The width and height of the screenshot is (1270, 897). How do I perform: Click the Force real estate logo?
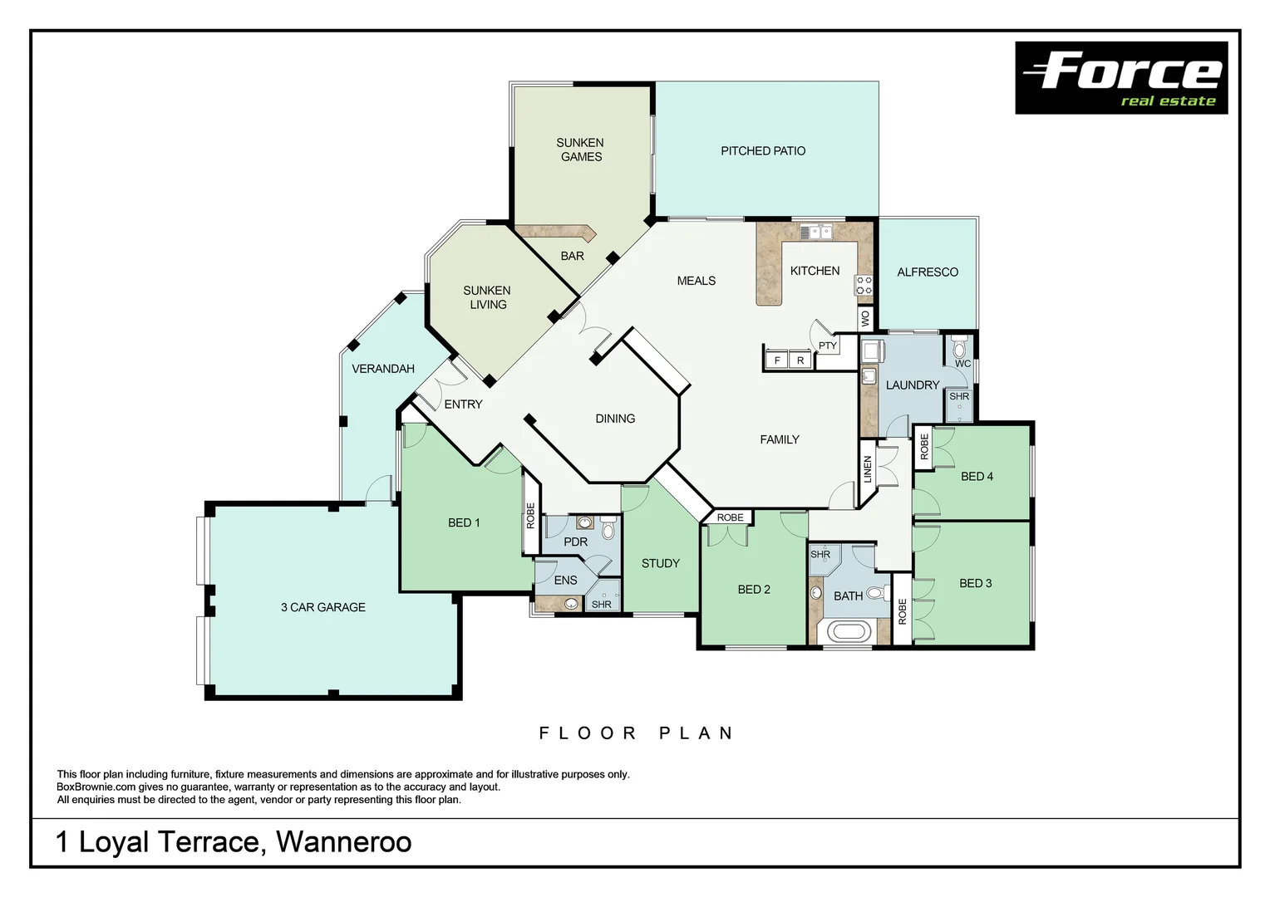[1121, 78]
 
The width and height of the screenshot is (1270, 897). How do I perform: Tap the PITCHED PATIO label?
[762, 151]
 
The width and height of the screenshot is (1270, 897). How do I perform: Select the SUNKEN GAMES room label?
[580, 149]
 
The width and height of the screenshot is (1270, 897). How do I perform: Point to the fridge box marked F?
[777, 360]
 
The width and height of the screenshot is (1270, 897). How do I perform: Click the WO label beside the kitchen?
[866, 318]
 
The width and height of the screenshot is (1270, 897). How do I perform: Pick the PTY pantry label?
[827, 346]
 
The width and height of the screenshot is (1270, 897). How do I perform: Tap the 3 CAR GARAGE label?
[322, 607]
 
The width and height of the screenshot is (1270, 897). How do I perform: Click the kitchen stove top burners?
[864, 286]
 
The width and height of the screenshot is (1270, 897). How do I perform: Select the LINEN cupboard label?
[868, 469]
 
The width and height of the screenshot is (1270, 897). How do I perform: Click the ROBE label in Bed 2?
[730, 517]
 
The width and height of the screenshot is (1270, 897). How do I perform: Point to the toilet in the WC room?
[959, 348]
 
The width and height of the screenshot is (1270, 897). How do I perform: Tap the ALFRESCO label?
[927, 272]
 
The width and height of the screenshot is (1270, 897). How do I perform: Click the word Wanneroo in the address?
[343, 842]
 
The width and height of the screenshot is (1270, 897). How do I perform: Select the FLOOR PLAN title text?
[636, 733]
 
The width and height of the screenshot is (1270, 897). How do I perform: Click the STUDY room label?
[660, 563]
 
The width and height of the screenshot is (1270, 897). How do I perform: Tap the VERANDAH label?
[382, 369]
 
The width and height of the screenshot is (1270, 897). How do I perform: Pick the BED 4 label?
[976, 477]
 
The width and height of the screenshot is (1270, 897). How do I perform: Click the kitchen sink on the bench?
[815, 232]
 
